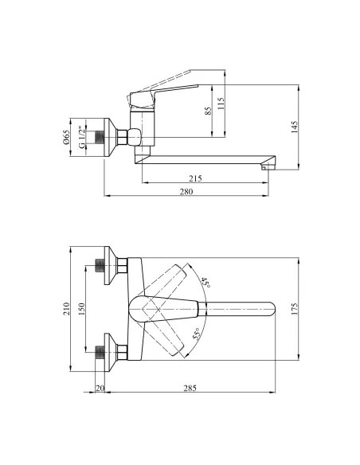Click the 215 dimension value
195,178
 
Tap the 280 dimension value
186,192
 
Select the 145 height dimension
294,127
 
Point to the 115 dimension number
221,104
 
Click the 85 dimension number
209,111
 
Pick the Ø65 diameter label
66,137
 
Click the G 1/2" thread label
82,137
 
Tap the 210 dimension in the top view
66,309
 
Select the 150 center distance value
81,309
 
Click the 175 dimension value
294,309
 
